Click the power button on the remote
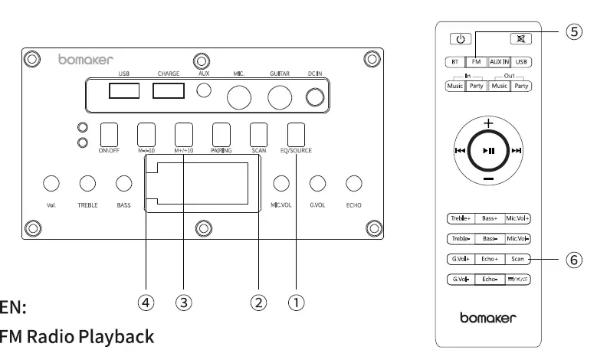[459, 39]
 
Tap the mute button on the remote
[520, 39]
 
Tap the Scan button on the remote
[518, 259]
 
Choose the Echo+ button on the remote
[490, 259]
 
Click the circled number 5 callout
[573, 32]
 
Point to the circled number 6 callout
[573, 260]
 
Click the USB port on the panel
[124, 91]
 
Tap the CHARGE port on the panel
[168, 91]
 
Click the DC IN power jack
[315, 97]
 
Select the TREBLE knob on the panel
[87, 183]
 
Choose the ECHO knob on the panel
[353, 183]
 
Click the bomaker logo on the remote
[488, 317]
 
